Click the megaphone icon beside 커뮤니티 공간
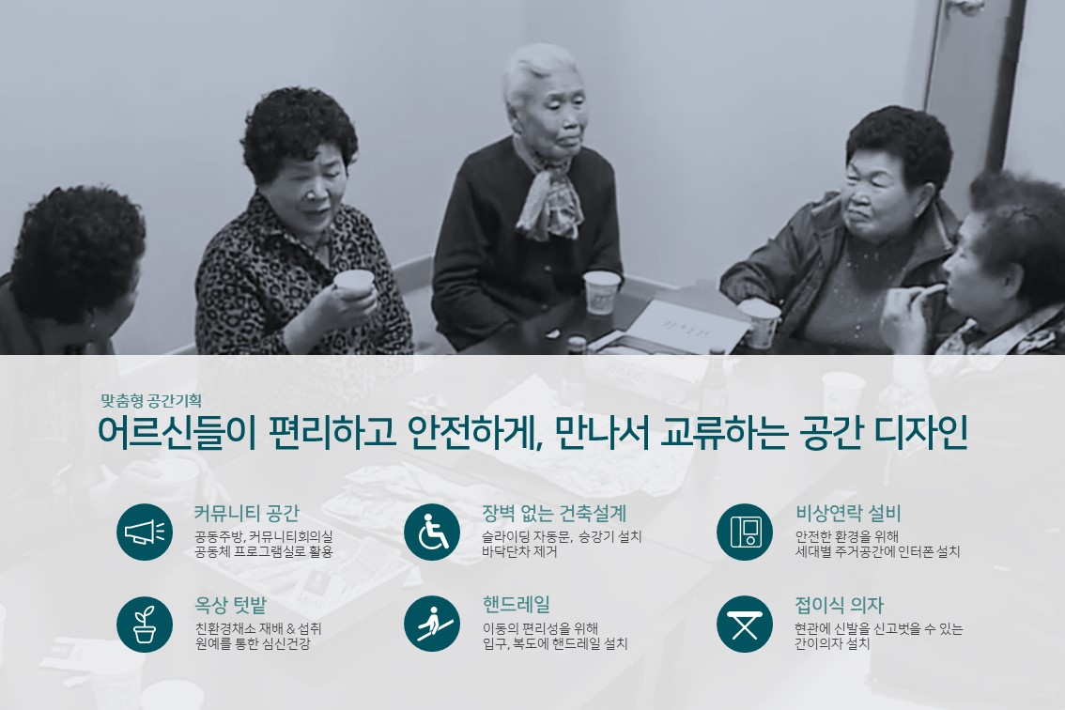tap(145, 532)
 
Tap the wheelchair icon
tap(432, 532)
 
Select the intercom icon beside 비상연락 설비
tap(745, 532)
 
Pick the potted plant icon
tap(145, 624)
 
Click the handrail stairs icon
tap(432, 624)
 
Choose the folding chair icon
tap(745, 624)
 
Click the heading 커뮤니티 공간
tap(247, 513)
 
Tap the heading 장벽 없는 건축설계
tap(554, 513)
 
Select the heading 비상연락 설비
tap(848, 513)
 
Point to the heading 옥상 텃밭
tap(231, 605)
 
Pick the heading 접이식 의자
tap(840, 605)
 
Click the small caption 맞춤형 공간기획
tap(151, 400)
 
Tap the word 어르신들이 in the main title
tap(177, 432)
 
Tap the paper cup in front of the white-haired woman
tap(602, 292)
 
